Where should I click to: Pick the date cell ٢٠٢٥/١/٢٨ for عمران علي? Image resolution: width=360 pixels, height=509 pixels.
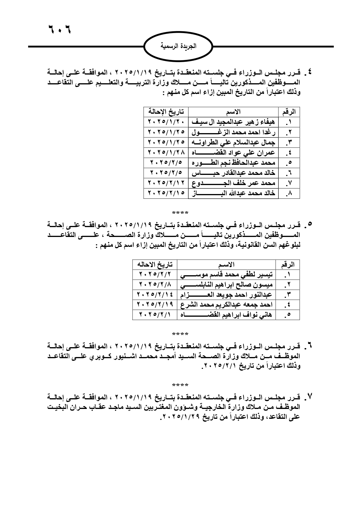166,153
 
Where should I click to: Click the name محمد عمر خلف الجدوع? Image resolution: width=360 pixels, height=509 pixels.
233,183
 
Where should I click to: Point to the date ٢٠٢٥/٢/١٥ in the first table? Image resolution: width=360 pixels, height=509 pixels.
166,193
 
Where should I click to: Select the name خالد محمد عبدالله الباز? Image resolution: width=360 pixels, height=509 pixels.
233,193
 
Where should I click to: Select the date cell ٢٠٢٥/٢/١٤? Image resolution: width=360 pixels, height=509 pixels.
155,295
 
